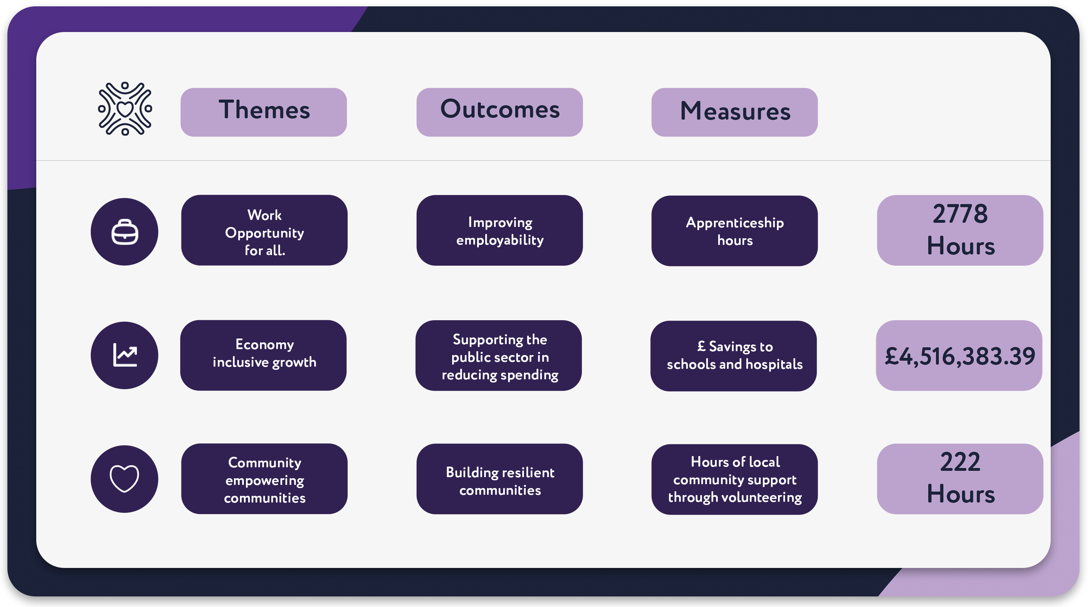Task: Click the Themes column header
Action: click(264, 112)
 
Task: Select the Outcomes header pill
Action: click(499, 112)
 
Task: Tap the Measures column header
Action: click(734, 112)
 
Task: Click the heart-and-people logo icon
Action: click(125, 109)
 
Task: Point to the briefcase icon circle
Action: click(125, 232)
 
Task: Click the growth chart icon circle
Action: click(125, 355)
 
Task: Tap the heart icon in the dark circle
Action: click(125, 479)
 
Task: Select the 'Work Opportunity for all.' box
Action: click(264, 230)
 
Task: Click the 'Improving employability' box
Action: click(499, 230)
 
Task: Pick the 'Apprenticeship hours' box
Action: click(734, 230)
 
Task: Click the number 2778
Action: click(960, 214)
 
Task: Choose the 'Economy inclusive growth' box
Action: click(263, 355)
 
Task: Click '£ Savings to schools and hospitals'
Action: click(733, 356)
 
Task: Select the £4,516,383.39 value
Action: click(959, 356)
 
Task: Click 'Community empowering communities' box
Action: click(264, 479)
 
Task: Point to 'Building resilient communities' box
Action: click(499, 479)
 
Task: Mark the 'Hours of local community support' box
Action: click(734, 479)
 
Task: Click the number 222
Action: click(960, 462)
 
